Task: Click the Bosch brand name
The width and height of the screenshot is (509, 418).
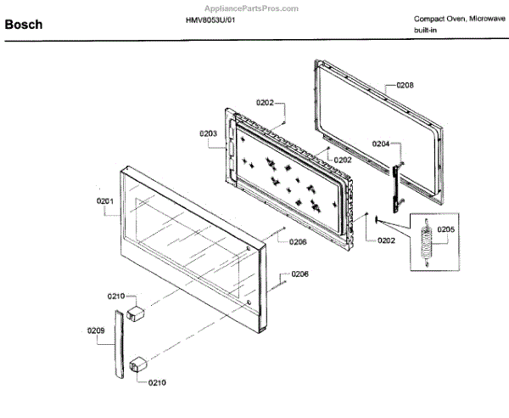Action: click(x=24, y=25)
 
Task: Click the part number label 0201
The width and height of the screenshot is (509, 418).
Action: click(x=104, y=201)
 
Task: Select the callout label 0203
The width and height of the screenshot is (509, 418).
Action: click(x=208, y=133)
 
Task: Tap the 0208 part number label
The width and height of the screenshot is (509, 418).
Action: click(x=405, y=86)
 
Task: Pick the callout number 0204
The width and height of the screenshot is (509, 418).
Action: click(x=381, y=144)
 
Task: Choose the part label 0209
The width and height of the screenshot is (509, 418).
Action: click(x=96, y=330)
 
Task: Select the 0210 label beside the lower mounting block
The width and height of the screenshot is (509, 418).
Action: click(x=157, y=382)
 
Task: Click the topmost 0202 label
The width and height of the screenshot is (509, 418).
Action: click(x=265, y=104)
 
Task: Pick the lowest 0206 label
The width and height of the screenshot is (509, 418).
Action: click(x=299, y=274)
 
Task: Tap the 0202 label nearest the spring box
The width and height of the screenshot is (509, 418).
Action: click(x=386, y=240)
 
